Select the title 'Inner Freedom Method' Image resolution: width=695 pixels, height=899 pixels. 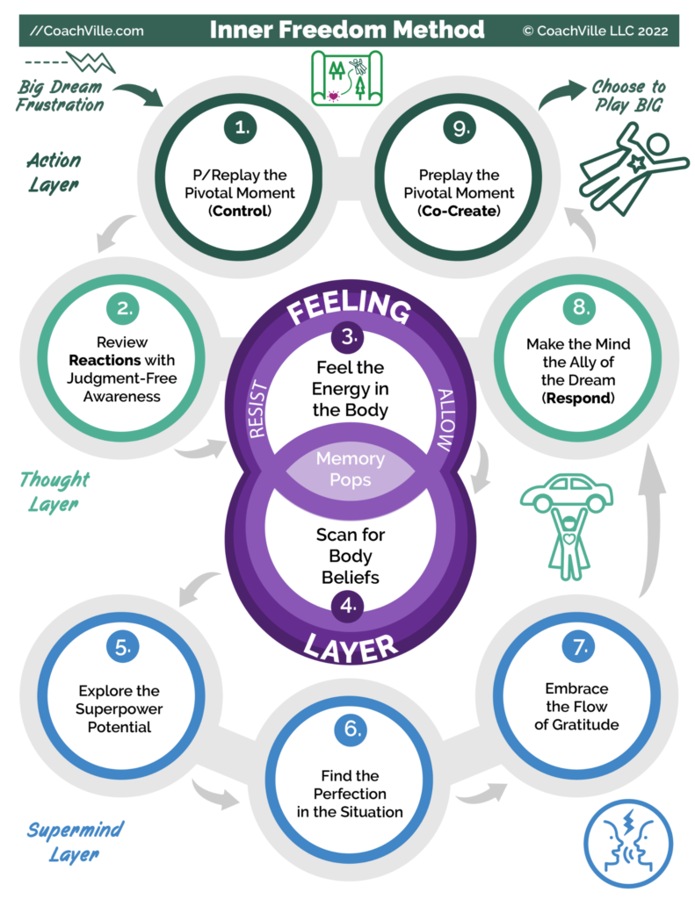coord(346,30)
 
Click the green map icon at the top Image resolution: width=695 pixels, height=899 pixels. coord(348,76)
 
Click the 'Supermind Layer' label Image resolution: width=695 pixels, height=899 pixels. coord(75,839)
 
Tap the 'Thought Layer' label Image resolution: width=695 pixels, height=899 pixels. coord(54,491)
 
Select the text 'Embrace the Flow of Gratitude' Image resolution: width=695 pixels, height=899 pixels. coord(576,706)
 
